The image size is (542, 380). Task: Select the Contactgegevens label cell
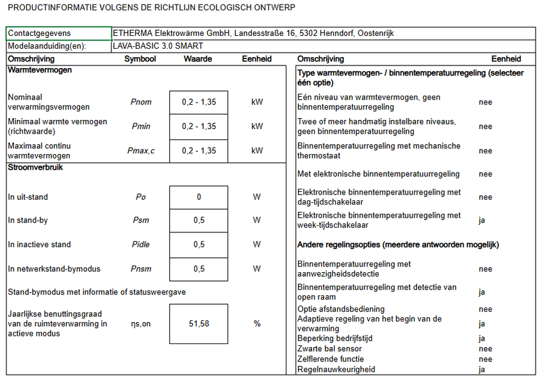point(39,33)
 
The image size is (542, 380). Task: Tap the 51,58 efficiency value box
point(199,324)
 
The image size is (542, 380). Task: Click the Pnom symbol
point(141,102)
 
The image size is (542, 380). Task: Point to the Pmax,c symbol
point(141,151)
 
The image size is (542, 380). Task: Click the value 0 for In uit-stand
point(199,197)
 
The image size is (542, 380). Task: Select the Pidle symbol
point(141,245)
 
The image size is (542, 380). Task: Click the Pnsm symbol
point(141,269)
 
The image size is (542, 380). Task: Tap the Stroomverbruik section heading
point(35,168)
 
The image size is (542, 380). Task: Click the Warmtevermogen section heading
point(40,70)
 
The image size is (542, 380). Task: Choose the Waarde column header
point(198,59)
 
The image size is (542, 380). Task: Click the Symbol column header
point(140,59)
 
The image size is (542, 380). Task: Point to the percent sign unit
point(257,324)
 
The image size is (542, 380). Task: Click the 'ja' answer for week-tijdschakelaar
point(482,220)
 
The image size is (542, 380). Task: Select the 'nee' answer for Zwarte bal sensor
point(485,349)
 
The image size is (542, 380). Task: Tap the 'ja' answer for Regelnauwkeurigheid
point(482,369)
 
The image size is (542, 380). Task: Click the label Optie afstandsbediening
point(341,309)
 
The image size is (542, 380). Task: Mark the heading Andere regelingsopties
point(398,245)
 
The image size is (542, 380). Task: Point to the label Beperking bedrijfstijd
point(335,338)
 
